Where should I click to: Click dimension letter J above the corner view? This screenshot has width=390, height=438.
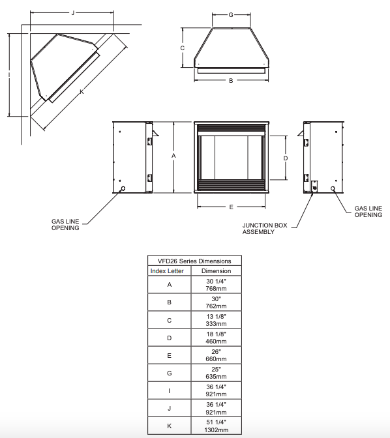(73, 13)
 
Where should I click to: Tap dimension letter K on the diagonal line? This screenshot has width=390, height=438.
(82, 92)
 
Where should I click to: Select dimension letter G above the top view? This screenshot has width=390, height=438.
(231, 15)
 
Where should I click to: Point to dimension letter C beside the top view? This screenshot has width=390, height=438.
(182, 48)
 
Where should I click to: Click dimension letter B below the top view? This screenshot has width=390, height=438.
(231, 81)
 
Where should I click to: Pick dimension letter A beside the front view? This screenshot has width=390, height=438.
(173, 156)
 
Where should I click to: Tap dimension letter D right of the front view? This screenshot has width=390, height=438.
(286, 158)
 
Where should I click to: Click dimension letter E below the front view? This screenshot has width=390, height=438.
(232, 207)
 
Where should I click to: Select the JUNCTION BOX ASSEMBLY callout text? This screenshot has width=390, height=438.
(265, 229)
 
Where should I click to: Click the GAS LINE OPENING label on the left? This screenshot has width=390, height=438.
(65, 225)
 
